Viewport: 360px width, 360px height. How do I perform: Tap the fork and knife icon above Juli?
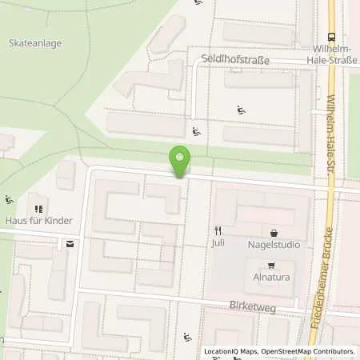218,231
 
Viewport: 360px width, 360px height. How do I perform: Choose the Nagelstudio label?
274,245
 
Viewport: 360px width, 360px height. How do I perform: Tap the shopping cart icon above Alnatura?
271,267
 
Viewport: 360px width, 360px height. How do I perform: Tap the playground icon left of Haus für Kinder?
9,199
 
